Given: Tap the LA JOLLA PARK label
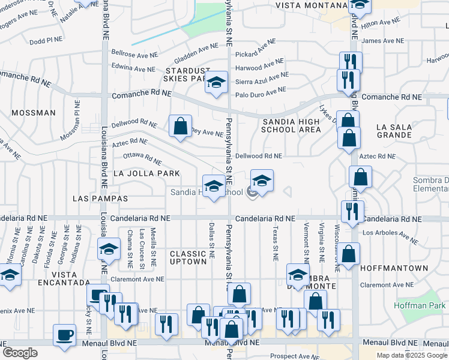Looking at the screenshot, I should [146, 173].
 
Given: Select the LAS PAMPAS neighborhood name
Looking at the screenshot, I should [100, 198].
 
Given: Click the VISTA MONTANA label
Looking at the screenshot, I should [310, 5].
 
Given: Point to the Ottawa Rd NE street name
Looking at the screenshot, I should [142, 158].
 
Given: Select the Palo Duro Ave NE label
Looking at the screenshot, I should [260, 92].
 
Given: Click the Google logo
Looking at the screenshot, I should [20, 353].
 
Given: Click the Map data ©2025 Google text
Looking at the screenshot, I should [411, 355].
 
